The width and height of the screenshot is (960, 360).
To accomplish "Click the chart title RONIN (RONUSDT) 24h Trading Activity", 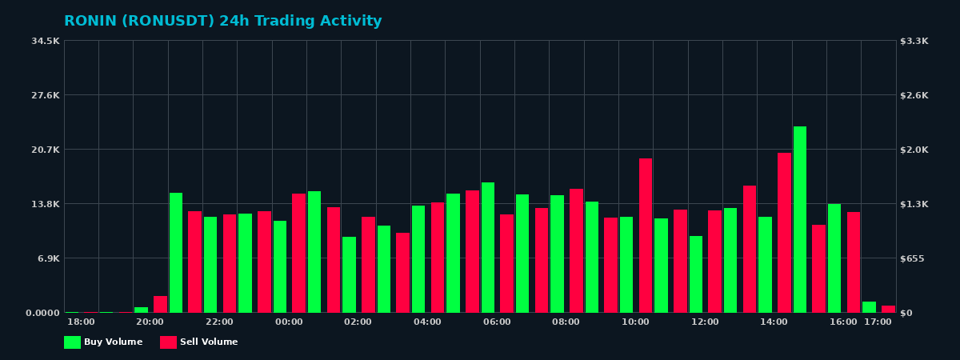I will click(x=222, y=22).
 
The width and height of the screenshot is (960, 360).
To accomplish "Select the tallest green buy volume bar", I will click(x=800, y=219).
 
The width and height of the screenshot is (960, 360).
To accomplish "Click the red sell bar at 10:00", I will click(x=646, y=235).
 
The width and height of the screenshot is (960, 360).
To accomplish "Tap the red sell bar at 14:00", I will click(x=784, y=232).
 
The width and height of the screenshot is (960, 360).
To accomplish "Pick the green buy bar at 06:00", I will click(x=488, y=247).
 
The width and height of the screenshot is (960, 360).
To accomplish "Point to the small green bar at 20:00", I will click(x=142, y=310).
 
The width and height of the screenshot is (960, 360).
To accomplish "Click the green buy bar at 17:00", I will click(x=869, y=307).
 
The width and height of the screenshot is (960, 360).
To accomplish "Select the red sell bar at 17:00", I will click(x=888, y=309).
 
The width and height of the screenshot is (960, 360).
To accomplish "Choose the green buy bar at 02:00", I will click(x=350, y=274).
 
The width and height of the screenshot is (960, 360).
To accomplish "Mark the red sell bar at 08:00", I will click(x=576, y=250).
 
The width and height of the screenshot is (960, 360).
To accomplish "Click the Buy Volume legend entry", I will click(x=103, y=342).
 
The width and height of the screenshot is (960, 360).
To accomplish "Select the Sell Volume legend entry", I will click(x=199, y=342).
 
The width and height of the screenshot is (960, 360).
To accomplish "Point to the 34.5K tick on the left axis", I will click(x=46, y=41).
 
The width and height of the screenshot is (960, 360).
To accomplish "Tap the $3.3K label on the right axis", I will click(x=914, y=41).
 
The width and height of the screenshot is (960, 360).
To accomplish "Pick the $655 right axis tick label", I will click(x=913, y=258).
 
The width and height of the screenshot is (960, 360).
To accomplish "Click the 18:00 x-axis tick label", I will click(x=81, y=322).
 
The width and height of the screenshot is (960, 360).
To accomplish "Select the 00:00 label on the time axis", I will click(x=289, y=322).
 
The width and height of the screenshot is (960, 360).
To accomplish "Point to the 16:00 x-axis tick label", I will click(x=843, y=322).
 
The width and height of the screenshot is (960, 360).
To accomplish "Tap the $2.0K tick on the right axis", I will click(x=914, y=150).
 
